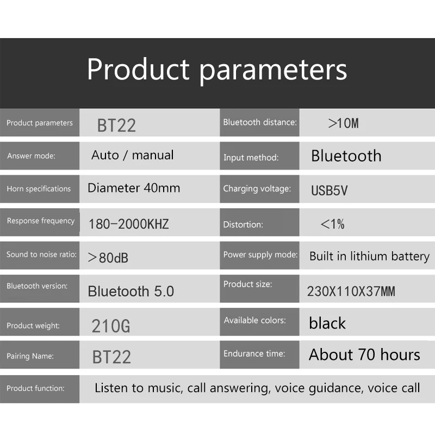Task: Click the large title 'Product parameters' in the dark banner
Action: (x=217, y=70)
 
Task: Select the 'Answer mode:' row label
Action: (x=31, y=156)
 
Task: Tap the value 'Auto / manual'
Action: (x=133, y=155)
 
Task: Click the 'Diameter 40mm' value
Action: (x=134, y=188)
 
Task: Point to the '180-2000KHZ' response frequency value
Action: (x=128, y=224)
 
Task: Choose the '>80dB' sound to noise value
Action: (x=108, y=258)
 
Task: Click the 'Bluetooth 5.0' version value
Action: (x=130, y=291)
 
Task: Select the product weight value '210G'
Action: (x=111, y=326)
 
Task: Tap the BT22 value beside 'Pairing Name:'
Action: (x=111, y=357)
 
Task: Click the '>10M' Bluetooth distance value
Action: (x=343, y=123)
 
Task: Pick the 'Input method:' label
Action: (x=251, y=158)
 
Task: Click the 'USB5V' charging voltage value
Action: (x=329, y=190)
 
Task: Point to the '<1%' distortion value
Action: (x=332, y=223)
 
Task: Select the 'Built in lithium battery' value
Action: (x=369, y=256)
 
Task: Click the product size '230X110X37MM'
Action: (x=351, y=291)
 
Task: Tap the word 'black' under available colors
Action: (x=327, y=323)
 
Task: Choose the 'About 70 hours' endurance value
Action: (x=364, y=355)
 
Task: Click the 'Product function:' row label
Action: (x=35, y=388)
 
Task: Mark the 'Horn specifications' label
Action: (x=39, y=189)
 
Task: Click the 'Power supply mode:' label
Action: (x=260, y=254)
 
